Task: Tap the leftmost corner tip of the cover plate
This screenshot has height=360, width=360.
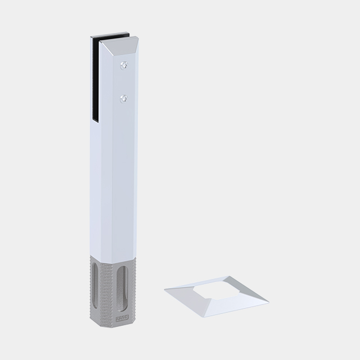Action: coord(165,291)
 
